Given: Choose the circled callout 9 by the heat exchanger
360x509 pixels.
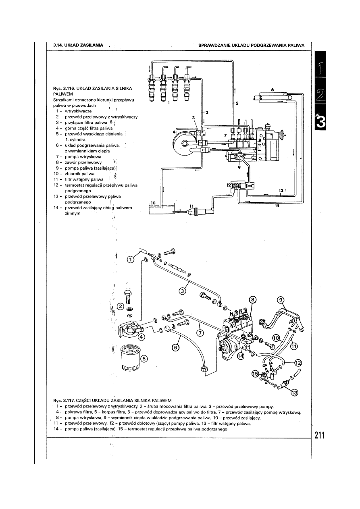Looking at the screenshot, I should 281,299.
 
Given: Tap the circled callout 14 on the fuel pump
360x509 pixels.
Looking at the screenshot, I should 241,356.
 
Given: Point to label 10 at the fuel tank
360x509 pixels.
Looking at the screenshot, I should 152,202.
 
